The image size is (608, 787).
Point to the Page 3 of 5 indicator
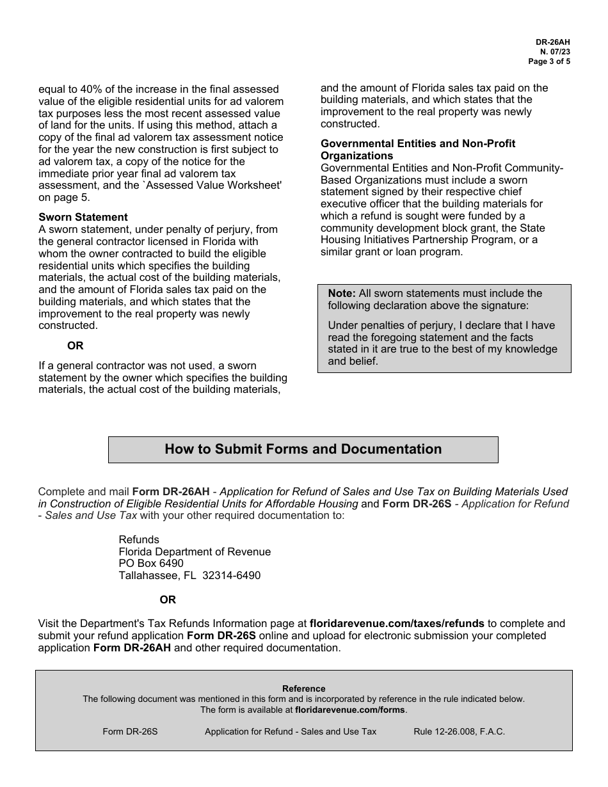548,62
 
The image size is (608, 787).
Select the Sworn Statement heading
83,217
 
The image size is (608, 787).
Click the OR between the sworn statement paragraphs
76,346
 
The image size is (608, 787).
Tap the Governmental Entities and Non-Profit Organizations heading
417,149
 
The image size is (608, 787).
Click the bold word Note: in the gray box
342,293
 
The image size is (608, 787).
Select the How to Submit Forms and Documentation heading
303,449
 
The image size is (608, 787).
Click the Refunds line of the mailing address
139,539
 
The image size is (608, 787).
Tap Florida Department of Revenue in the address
195,552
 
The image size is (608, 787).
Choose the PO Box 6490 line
151,563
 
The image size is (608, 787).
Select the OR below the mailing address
168,600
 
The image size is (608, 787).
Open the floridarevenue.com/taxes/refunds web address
397,623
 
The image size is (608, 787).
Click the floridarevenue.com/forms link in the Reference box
350,710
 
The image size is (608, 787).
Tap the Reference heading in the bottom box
303,688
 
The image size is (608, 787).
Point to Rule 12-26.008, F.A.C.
459,731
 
